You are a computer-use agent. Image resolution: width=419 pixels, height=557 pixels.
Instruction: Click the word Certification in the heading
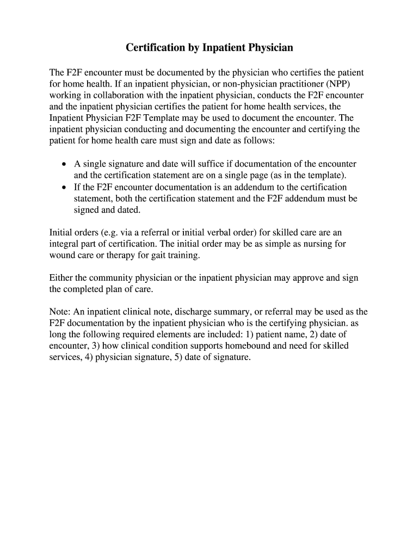pos(156,48)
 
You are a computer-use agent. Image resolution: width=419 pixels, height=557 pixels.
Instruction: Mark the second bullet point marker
pos(64,187)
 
